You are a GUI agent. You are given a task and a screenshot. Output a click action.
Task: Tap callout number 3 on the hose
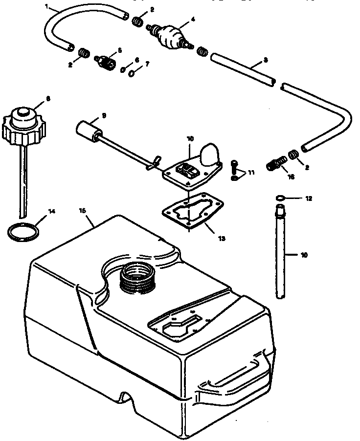tap(265, 60)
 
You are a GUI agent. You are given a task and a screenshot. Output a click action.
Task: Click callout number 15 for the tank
tap(83, 210)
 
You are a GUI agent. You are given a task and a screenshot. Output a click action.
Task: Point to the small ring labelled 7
tap(132, 73)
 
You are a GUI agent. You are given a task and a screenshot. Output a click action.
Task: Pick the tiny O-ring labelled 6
tap(124, 69)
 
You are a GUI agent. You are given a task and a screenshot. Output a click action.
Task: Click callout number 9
tap(104, 116)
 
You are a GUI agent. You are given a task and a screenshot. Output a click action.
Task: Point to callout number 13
tap(222, 239)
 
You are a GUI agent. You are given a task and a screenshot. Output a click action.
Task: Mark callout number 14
tap(51, 211)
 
